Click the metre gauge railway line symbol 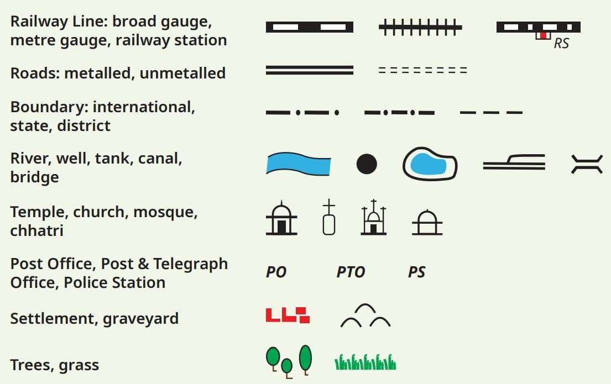420,27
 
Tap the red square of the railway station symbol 544,35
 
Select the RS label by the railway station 561,43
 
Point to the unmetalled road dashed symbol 422,70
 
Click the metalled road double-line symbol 310,70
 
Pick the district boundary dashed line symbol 491,113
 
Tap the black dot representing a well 366,164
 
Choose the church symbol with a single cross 329,219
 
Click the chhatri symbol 427,224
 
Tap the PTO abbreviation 351,272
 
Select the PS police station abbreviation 416,272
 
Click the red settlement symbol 288,315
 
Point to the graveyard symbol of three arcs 365,316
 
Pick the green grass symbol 365,362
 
